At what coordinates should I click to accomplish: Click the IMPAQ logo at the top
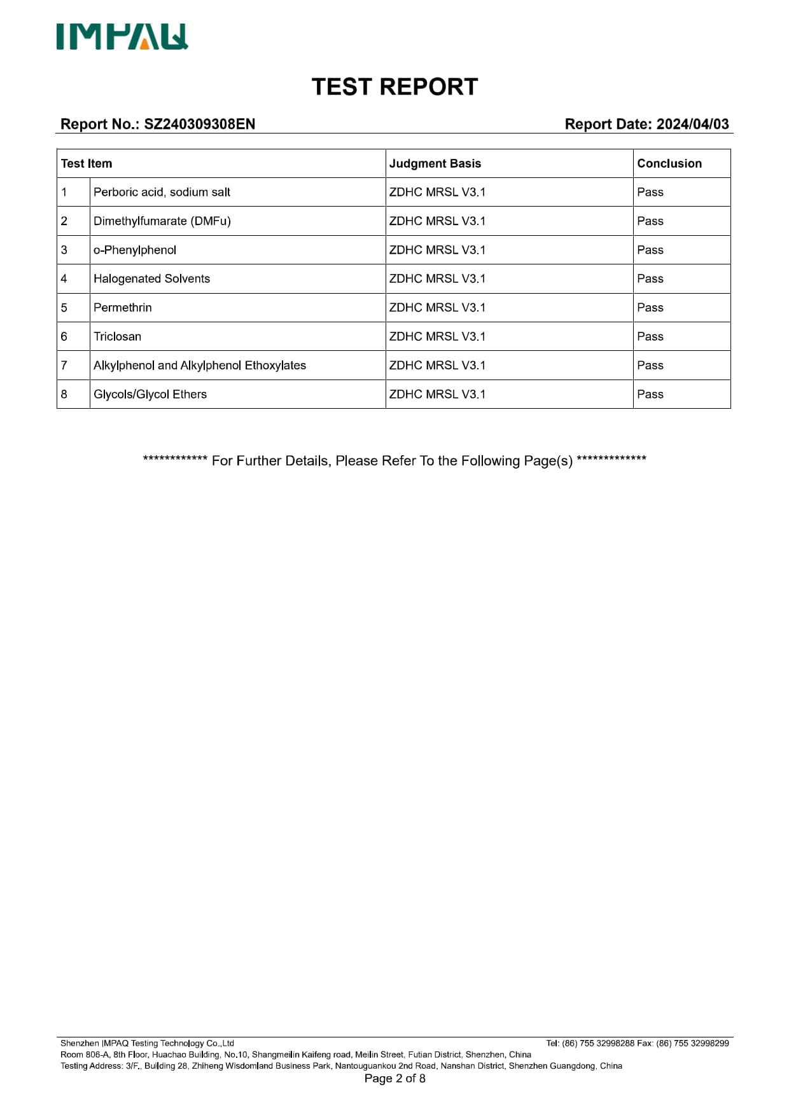point(122,37)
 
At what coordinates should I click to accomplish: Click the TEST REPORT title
point(394,87)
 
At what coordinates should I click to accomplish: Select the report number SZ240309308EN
point(199,124)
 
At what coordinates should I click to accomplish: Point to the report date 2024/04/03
point(692,124)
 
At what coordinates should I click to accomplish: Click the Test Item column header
point(87,163)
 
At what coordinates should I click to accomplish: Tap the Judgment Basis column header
point(435,163)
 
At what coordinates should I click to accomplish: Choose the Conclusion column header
point(669,163)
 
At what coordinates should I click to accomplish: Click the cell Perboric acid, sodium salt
point(162,192)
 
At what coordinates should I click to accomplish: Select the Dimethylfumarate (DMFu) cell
point(162,221)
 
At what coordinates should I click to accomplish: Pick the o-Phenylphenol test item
point(135,250)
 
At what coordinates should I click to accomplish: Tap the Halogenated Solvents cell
point(151,278)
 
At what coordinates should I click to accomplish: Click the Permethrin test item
point(123,308)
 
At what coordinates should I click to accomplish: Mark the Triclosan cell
point(118,336)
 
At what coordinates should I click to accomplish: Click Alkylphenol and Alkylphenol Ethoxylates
point(200,366)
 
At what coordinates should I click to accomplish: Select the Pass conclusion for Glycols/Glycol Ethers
point(650,394)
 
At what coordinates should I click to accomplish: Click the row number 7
point(64,366)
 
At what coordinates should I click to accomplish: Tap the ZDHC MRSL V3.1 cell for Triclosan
point(437,336)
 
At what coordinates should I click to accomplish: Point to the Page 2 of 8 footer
point(394,1078)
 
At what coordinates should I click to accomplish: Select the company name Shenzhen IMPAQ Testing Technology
point(147,1043)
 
